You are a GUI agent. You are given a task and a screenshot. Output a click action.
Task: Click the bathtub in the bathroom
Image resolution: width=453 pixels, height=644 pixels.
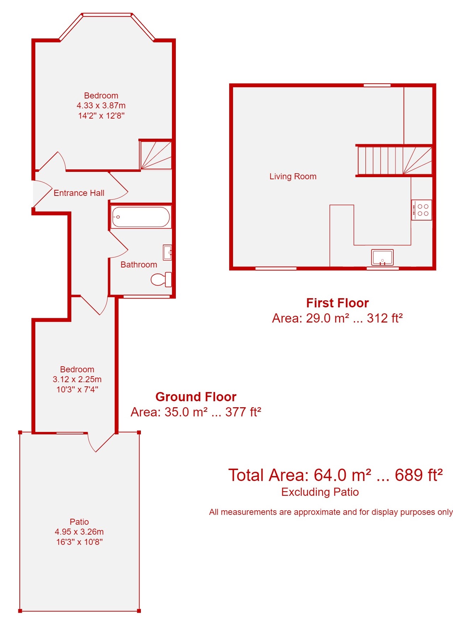pos(141,217)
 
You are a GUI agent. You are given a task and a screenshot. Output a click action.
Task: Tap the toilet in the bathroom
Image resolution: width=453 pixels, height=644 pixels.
pos(161,279)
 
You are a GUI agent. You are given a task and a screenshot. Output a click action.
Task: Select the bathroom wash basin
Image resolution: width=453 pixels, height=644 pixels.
pos(167,252)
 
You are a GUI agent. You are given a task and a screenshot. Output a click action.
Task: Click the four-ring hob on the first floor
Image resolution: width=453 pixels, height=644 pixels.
pos(422,210)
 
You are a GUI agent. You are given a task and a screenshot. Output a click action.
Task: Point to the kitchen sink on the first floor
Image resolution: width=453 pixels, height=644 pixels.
pos(382,257)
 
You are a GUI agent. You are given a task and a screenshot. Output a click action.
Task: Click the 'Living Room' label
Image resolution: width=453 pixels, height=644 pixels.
pos(293,176)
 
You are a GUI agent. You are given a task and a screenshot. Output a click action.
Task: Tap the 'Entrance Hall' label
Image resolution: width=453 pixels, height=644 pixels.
pos(79,193)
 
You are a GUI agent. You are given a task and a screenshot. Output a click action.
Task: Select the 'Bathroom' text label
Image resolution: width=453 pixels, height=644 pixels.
pos(139,265)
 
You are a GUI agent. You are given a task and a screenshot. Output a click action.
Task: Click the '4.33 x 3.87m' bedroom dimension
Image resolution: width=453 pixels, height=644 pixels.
pos(101,106)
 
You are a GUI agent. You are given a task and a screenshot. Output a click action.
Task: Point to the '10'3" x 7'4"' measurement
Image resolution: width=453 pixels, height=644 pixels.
pos(77,390)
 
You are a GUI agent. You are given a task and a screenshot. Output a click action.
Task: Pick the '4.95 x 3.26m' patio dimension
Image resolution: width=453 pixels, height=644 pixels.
pos(79,532)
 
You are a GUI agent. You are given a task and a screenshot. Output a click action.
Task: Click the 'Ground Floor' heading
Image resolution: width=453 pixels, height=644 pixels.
pos(196,397)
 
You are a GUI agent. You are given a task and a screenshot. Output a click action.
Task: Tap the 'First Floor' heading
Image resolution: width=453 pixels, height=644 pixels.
pos(338,303)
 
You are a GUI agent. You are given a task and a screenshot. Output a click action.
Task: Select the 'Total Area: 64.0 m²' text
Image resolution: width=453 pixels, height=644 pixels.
pos(300,475)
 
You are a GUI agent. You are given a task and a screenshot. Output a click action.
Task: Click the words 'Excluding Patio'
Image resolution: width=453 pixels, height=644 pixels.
pos(320,492)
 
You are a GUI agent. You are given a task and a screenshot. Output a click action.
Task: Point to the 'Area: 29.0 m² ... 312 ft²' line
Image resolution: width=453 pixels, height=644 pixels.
pos(337,318)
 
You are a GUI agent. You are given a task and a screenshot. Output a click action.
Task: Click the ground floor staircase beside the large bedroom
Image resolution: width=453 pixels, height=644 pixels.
pos(156,155)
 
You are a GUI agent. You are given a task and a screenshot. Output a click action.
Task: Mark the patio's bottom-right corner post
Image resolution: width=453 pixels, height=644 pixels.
pos(139,611)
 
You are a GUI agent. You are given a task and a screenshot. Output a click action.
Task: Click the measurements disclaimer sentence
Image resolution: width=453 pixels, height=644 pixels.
pos(331,512)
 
